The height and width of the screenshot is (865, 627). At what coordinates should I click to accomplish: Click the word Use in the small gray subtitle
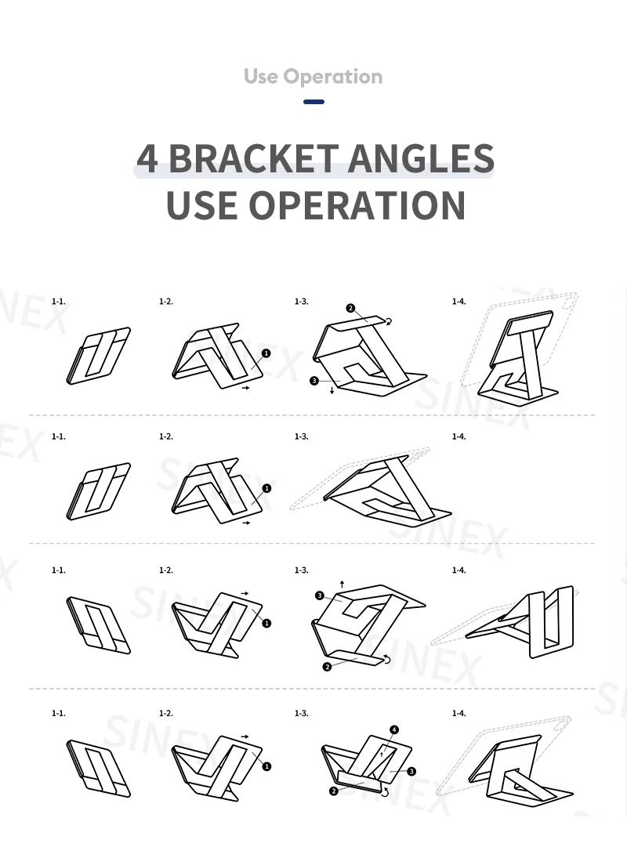tap(261, 77)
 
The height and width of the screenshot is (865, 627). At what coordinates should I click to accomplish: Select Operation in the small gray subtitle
tap(333, 77)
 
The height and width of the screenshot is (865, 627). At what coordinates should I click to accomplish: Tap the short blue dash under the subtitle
tap(313, 102)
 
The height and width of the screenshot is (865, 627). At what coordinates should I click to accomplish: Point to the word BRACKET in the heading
tap(251, 158)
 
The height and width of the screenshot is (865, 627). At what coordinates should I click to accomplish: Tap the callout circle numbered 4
tap(394, 730)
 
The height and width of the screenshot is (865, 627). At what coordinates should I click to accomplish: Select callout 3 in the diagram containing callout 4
tap(412, 772)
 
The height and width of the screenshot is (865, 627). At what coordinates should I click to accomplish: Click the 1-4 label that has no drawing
tap(458, 436)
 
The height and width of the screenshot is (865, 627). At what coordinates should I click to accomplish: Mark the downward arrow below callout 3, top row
tap(332, 389)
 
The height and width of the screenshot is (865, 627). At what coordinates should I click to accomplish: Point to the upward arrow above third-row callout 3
tap(342, 584)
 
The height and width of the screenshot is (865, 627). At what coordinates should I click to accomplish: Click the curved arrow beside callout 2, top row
tap(390, 320)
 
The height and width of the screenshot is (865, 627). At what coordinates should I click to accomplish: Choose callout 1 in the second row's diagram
tap(266, 488)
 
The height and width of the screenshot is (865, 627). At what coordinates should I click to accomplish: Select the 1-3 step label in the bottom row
tap(301, 713)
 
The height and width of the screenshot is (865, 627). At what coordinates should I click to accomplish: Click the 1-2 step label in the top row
tap(165, 301)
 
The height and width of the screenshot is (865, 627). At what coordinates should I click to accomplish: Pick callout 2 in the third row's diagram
tap(327, 667)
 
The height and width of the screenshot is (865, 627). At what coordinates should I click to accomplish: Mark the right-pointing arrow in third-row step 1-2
tap(245, 593)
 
